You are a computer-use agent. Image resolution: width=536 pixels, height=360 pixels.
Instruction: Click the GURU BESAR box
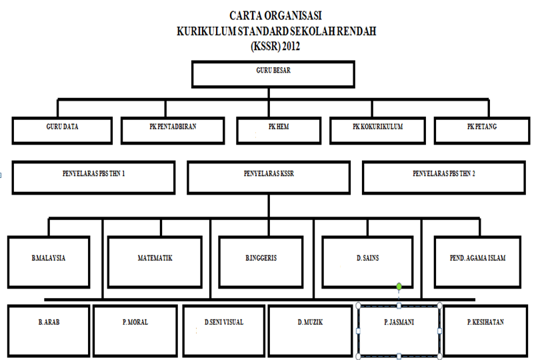(273, 74)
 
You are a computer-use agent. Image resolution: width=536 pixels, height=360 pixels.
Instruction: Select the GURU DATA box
(62, 131)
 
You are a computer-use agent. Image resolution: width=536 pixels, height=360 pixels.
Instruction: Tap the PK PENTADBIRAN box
(173, 131)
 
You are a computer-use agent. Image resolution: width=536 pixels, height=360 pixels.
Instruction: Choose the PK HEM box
(279, 131)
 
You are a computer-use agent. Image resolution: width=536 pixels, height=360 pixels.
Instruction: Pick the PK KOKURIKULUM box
(378, 131)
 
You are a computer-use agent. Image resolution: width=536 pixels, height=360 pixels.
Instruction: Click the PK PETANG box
(482, 131)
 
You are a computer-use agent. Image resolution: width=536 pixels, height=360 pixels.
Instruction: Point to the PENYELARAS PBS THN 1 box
(93, 178)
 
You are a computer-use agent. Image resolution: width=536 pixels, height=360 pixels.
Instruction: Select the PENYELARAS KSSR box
(269, 178)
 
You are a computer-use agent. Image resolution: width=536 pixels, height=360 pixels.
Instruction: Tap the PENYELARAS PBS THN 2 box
(444, 178)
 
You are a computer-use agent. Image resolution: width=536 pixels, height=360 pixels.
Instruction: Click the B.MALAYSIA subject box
(49, 262)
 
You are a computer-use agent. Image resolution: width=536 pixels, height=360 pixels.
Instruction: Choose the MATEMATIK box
(155, 262)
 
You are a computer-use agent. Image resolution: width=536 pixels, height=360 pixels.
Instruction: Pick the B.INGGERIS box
(261, 262)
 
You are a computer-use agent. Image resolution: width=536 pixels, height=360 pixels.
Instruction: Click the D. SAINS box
(367, 262)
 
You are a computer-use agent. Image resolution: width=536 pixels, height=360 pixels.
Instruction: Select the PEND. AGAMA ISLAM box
(477, 262)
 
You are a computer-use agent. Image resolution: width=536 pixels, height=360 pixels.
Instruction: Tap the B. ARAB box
(49, 331)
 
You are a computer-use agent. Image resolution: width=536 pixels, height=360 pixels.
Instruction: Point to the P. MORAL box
(135, 331)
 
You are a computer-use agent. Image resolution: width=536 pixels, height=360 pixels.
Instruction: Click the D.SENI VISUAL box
(224, 331)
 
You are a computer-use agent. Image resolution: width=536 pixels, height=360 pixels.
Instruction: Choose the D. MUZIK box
(310, 331)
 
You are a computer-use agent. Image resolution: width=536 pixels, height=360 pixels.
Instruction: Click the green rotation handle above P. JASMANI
(399, 287)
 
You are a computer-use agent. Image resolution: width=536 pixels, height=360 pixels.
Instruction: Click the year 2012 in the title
(291, 46)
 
